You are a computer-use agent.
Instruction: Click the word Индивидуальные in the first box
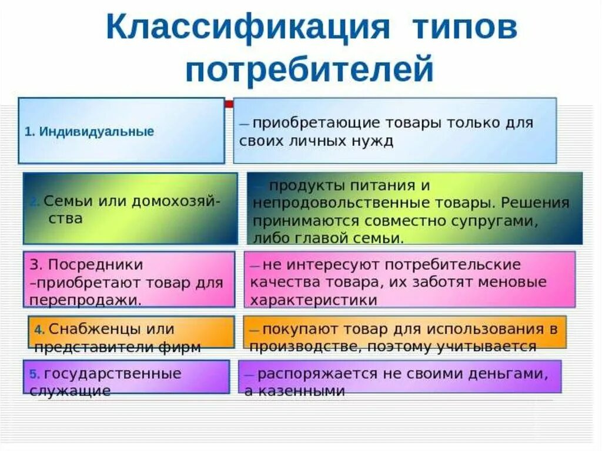[97, 131]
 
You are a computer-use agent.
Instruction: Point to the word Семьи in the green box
[63, 200]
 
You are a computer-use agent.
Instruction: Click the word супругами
[500, 221]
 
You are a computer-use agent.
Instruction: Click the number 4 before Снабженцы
[36, 329]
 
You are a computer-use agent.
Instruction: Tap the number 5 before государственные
[34, 374]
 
